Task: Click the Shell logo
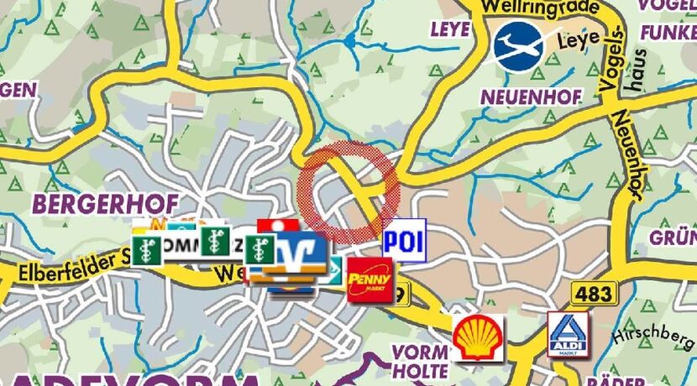pyautogui.click(x=478, y=338)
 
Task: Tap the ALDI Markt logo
pyautogui.click(x=569, y=334)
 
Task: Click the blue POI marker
pyautogui.click(x=404, y=241)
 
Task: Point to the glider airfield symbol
pyautogui.click(x=518, y=47)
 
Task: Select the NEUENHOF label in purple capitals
pyautogui.click(x=531, y=97)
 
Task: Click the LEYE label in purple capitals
pyautogui.click(x=450, y=29)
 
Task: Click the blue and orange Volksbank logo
pyautogui.click(x=295, y=255)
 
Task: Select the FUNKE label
pyautogui.click(x=668, y=32)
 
